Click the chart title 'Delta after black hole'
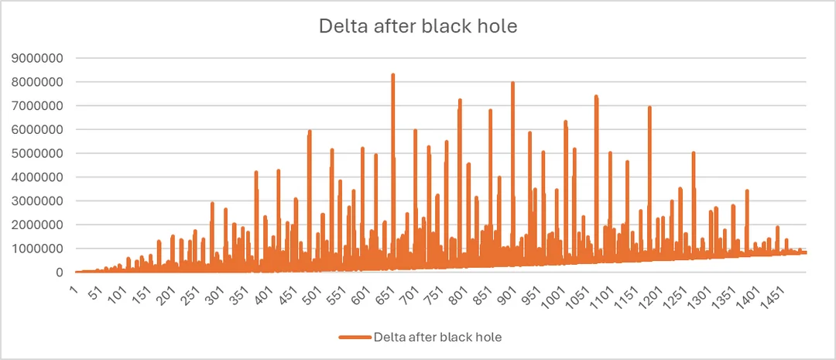(x=418, y=26)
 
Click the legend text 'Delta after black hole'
(x=439, y=337)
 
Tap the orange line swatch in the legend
(x=355, y=338)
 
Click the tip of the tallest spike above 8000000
(x=393, y=75)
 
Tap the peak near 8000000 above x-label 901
(x=512, y=83)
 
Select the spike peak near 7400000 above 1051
(x=596, y=97)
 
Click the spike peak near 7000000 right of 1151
(x=649, y=108)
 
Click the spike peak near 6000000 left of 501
(x=310, y=132)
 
